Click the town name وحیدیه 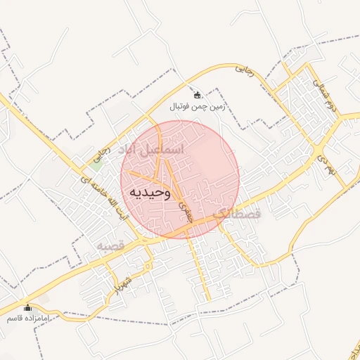151,193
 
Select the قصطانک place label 236,213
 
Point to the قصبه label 110,246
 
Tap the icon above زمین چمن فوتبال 197,96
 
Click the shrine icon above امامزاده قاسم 28,307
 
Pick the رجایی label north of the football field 243,69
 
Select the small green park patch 94,166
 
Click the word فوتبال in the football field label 182,107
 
